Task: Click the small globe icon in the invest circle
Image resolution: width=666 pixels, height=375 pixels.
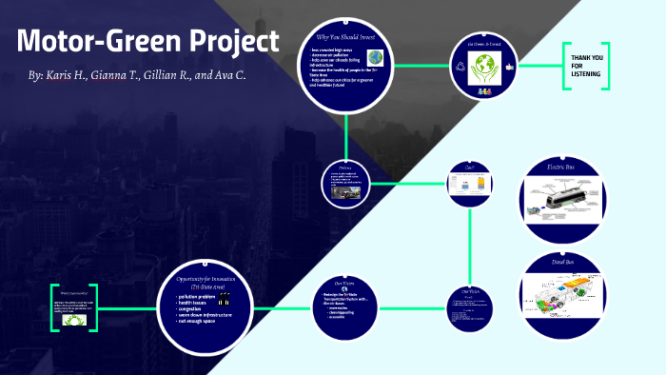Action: point(375,57)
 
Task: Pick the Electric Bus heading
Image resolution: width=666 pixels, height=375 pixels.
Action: point(560,168)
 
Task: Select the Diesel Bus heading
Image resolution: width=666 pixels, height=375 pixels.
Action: point(561,262)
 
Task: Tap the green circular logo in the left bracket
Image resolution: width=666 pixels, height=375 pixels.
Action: point(74,321)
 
